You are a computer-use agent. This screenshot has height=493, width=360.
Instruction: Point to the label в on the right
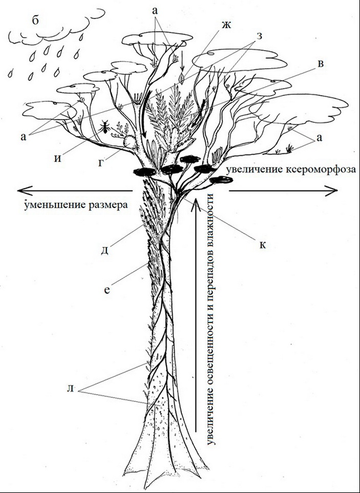(321, 64)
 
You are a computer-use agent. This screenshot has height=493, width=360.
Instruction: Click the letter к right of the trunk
(262, 245)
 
